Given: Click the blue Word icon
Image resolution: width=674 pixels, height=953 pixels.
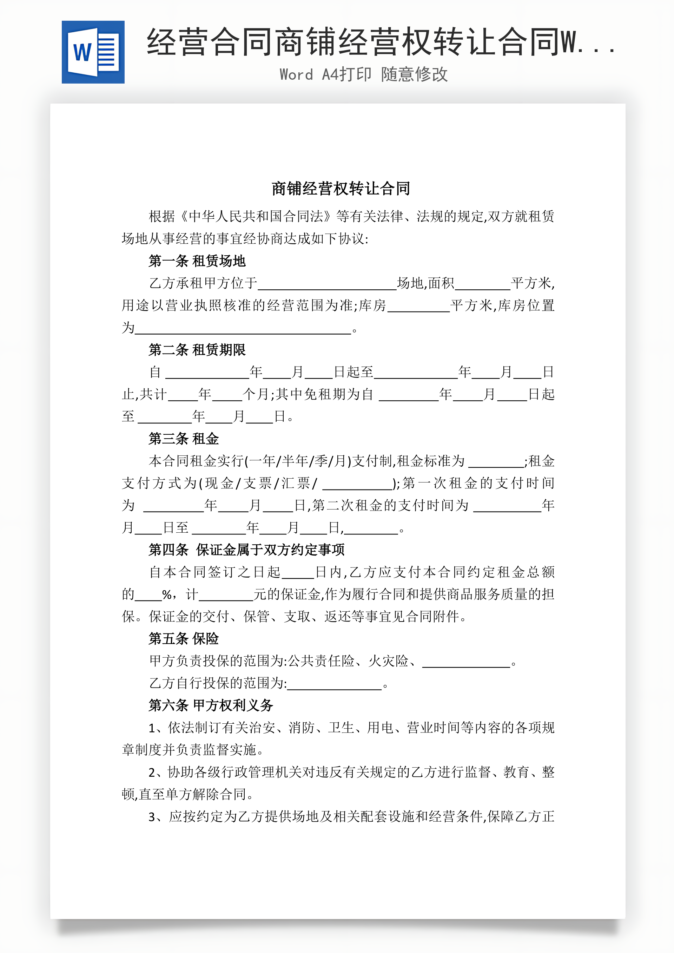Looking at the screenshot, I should click(x=93, y=52).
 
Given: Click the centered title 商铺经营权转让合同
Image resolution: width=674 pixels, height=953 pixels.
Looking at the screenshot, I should click(x=341, y=189).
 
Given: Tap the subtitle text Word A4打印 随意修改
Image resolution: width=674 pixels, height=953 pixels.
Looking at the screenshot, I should click(x=364, y=75).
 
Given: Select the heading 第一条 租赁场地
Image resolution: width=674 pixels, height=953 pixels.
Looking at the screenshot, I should click(x=197, y=261).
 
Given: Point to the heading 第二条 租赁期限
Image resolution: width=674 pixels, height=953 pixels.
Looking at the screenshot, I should click(x=197, y=350).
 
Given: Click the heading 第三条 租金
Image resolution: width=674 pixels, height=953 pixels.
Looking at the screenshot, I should click(x=184, y=439).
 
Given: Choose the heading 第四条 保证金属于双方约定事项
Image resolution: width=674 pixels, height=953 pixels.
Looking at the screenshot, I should click(x=246, y=550).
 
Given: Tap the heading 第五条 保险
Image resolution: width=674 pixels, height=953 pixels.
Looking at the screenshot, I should click(x=184, y=639).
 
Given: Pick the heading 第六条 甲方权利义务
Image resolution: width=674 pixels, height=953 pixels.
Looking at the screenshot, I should click(x=211, y=705).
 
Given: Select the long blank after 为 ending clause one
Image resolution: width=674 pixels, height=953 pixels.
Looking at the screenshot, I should click(x=243, y=330).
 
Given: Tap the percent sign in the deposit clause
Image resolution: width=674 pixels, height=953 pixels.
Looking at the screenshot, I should click(x=167, y=595).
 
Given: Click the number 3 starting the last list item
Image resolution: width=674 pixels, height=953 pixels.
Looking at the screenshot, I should click(x=152, y=817).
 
